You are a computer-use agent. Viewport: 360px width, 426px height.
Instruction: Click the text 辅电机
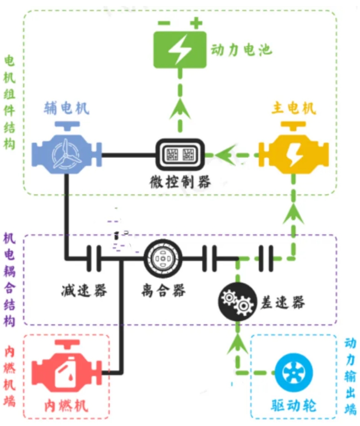pos(66,108)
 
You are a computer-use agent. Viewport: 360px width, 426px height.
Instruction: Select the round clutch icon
pos(163,258)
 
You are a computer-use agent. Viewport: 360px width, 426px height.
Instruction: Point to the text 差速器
pos(283,302)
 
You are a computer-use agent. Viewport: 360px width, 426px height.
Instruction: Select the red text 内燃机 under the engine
pos(66,405)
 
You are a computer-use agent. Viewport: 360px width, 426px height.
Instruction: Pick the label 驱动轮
pos(294,405)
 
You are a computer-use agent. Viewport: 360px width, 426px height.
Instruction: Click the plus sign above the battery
pos(196,23)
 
